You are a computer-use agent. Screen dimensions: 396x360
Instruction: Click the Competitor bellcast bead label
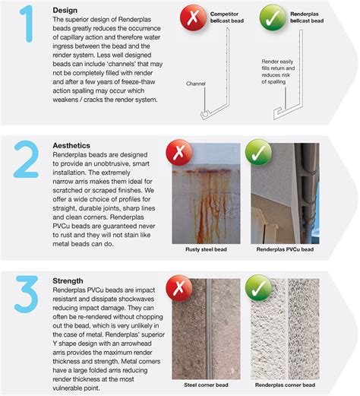[213, 19]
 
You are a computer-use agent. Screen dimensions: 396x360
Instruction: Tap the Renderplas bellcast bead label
[296, 19]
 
